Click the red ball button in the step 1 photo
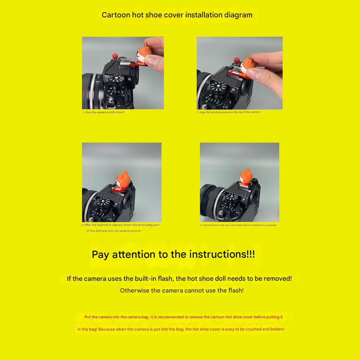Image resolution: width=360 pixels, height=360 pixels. [115, 56]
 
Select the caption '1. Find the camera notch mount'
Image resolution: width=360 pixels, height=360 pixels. [103, 112]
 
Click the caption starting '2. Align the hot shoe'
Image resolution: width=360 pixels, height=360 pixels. [228, 112]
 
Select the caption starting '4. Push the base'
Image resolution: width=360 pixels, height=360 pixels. [238, 225]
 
